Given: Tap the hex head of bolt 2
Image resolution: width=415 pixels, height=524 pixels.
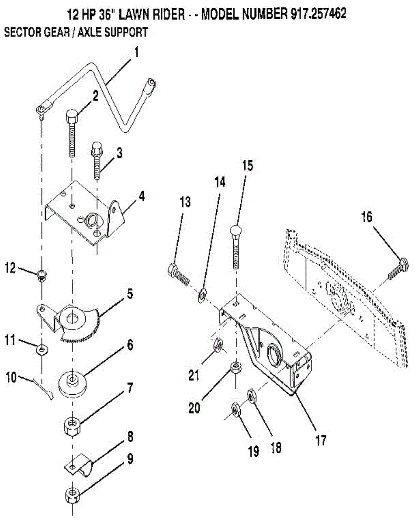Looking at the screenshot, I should [72, 117].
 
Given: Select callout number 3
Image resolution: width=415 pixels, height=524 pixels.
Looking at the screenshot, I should [119, 153].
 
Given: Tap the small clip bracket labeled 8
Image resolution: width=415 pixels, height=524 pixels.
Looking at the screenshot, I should [80, 465].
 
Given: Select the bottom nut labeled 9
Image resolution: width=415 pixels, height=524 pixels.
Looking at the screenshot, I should [71, 496].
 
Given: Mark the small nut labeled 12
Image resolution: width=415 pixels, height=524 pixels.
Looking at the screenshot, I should [41, 275].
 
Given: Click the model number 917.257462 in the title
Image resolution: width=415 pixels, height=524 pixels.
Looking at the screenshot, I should [318, 14].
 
